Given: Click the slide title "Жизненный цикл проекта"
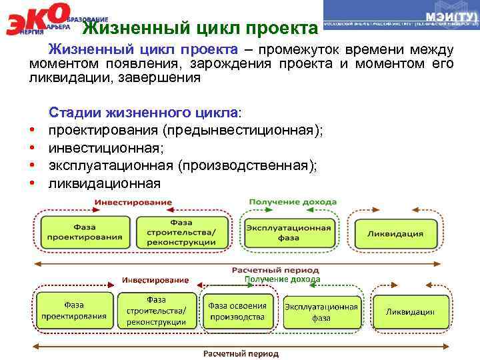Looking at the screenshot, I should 200,29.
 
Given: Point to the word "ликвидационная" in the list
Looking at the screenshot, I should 104,183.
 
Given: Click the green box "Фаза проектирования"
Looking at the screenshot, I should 85,231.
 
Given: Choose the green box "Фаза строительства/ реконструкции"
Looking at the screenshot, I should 181,231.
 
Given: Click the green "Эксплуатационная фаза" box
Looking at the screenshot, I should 288,232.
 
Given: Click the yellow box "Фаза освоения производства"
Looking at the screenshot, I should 237,311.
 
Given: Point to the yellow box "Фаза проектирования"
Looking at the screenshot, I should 73,311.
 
